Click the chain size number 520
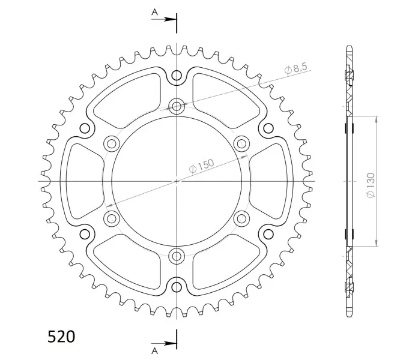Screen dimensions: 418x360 [61, 337]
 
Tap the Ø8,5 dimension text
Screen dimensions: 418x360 [296, 68]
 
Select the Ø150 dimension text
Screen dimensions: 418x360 [201, 166]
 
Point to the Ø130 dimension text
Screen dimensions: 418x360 [371, 185]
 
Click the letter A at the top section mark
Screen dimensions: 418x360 [155, 12]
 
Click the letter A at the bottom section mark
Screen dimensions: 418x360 [155, 351]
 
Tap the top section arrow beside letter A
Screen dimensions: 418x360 [164, 19]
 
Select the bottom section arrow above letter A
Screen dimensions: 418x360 [164, 343]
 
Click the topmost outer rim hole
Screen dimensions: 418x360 [177, 76]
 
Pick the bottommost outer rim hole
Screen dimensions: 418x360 [177, 287]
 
